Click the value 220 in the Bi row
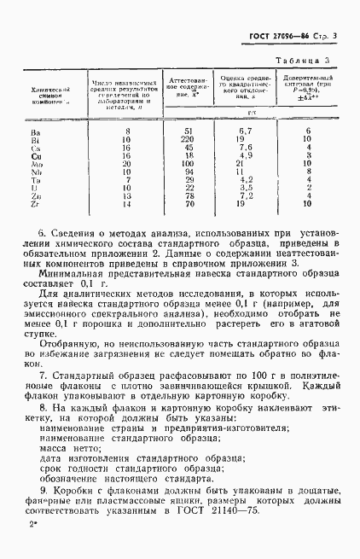coord(189,139)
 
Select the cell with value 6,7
coord(243,131)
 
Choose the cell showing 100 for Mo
coord(189,164)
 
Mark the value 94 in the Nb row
coord(189,172)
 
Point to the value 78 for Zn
coord(189,197)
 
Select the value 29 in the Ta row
coord(189,181)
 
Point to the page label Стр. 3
coord(325,35)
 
